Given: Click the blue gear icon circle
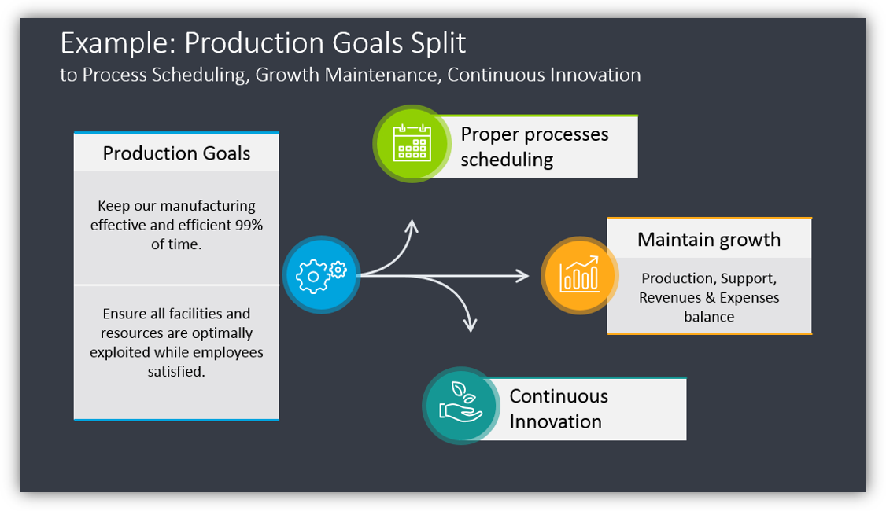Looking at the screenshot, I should (321, 274).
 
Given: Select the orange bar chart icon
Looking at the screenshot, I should (579, 275).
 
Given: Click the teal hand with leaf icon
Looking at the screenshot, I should (461, 404).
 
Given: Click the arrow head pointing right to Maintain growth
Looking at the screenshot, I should (522, 275).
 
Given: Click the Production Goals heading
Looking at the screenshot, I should (176, 153).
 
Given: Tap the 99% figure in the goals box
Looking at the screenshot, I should (249, 225).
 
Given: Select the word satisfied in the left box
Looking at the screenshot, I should (176, 371).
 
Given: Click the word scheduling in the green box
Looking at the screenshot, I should (507, 160).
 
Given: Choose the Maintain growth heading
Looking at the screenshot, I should (709, 239).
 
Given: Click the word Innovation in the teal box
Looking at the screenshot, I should (555, 421).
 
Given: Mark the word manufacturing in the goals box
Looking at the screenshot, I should (207, 206).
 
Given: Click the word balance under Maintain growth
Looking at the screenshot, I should (709, 317).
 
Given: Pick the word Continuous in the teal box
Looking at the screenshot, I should (559, 396).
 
